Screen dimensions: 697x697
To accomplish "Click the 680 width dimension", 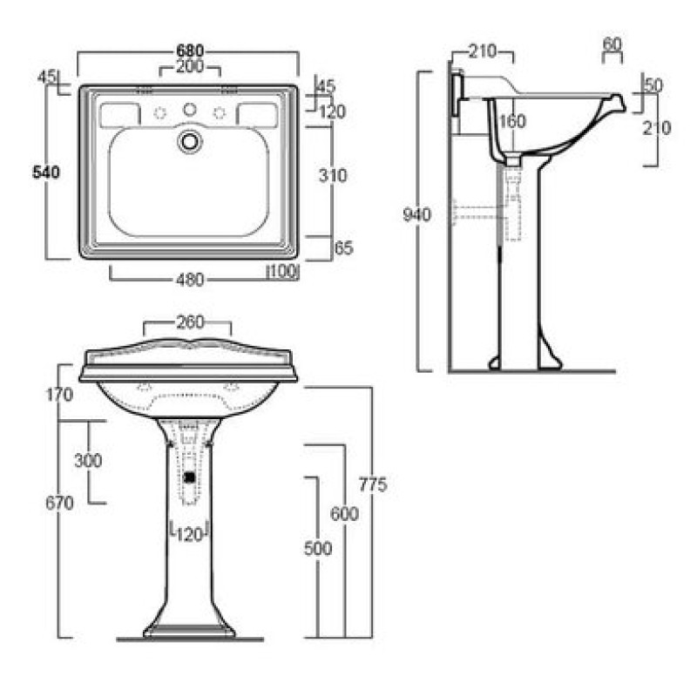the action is click(x=190, y=50).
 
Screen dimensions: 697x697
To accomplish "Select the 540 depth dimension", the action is click(x=46, y=172).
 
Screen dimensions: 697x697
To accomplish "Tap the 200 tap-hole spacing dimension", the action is click(x=190, y=66).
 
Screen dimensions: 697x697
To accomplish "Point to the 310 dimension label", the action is click(x=333, y=176).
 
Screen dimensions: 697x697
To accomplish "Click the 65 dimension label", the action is click(x=343, y=248).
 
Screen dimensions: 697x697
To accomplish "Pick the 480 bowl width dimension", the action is click(x=190, y=280).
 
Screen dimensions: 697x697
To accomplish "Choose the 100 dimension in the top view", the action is click(x=283, y=272).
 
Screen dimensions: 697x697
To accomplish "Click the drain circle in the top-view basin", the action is click(x=190, y=141).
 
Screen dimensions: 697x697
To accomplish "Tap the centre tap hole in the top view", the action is click(x=190, y=109).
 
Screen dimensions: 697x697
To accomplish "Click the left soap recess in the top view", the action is click(x=119, y=114).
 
